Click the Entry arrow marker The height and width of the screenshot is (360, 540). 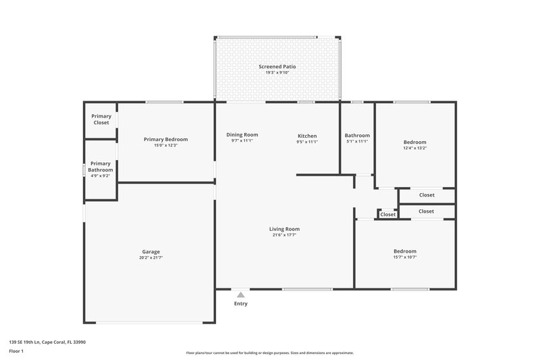240,294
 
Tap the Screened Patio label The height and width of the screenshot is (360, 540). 277,67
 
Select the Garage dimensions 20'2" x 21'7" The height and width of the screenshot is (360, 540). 151,257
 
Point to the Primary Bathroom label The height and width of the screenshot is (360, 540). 101,166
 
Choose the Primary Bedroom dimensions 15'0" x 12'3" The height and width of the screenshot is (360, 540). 165,145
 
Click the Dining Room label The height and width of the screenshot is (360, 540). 242,135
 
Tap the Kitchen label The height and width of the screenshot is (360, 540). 307,136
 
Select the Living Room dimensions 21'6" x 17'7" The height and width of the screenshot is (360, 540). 283,235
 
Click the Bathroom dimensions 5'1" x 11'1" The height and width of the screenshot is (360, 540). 357,141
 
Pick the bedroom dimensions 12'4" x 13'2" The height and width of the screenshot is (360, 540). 414,148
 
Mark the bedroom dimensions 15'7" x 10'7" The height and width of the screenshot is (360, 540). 405,257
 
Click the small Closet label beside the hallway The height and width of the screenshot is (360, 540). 387,215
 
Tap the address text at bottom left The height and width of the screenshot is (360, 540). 47,342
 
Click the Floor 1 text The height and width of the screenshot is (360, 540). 16,351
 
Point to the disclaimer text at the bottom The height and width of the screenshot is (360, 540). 269,353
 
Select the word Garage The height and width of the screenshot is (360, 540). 151,251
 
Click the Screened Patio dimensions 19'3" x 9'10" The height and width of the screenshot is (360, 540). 277,73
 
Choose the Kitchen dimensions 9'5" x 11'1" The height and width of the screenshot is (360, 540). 307,142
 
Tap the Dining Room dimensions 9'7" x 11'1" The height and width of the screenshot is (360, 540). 242,141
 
